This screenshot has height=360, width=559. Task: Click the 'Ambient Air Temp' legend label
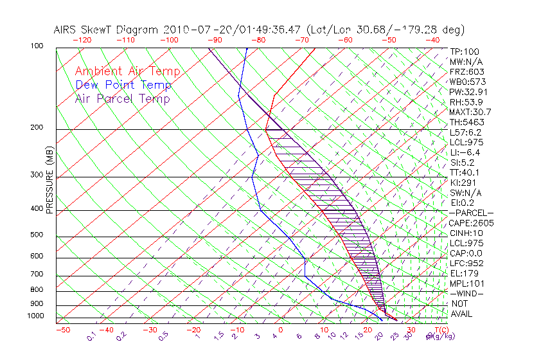(x=127, y=71)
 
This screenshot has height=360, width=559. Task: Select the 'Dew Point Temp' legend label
(x=123, y=85)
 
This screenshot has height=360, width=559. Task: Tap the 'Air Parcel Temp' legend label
(x=123, y=98)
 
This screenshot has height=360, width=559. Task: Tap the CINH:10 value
(x=466, y=233)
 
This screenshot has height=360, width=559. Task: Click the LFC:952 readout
(x=466, y=263)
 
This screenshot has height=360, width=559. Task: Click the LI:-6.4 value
(x=465, y=152)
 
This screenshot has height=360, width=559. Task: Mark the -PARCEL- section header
(x=471, y=213)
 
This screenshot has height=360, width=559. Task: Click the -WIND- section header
(x=467, y=293)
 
